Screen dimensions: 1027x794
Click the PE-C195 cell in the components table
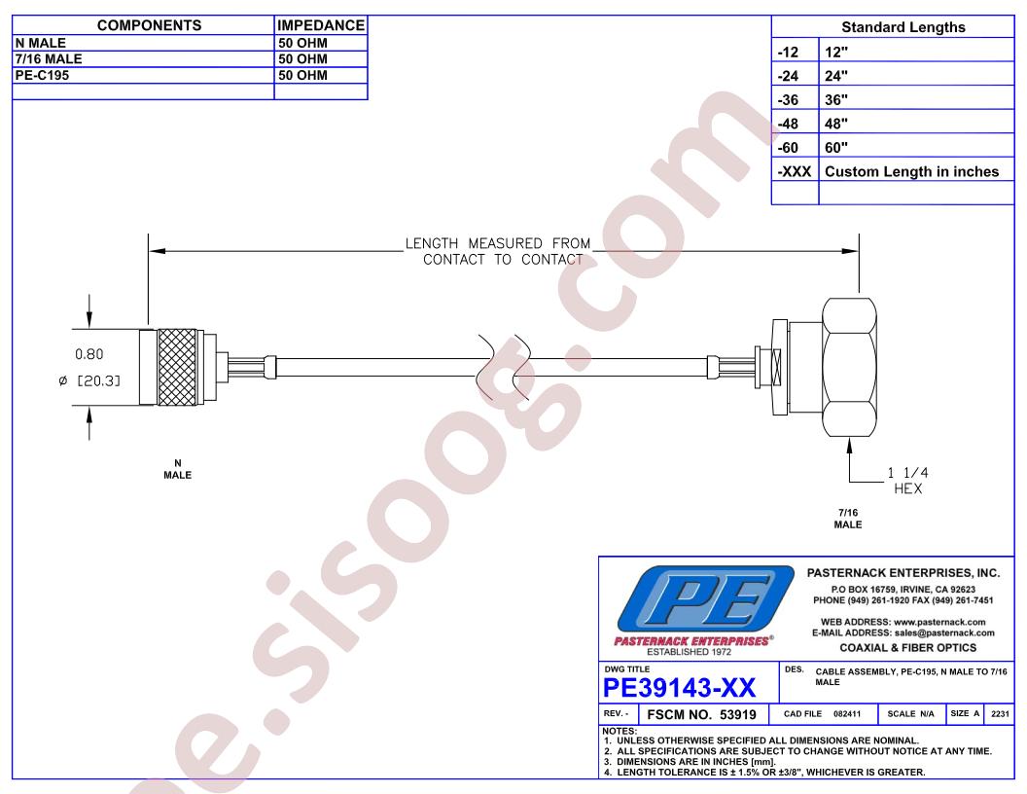point(42,75)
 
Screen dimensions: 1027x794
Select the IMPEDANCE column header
point(321,25)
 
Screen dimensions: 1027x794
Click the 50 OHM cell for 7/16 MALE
point(302,59)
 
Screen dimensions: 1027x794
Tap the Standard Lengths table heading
point(903,27)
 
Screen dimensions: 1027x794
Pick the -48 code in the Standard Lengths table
point(788,124)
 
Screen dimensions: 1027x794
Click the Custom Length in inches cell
point(911,171)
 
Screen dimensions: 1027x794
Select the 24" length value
point(836,76)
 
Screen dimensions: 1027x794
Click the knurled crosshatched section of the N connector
point(177,367)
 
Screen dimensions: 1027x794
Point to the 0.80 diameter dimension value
point(89,354)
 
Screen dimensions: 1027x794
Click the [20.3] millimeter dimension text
point(99,380)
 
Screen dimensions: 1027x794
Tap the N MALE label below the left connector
point(178,469)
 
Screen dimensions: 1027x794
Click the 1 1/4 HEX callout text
point(907,481)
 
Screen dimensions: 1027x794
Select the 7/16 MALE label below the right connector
point(848,519)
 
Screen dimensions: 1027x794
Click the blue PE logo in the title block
point(705,598)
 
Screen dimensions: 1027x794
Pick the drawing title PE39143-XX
point(679,688)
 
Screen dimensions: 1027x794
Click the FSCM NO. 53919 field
point(701,715)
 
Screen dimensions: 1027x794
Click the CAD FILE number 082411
point(847,713)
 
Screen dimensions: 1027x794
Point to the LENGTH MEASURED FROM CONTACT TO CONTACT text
point(498,252)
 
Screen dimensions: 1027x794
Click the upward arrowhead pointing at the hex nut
point(849,446)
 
